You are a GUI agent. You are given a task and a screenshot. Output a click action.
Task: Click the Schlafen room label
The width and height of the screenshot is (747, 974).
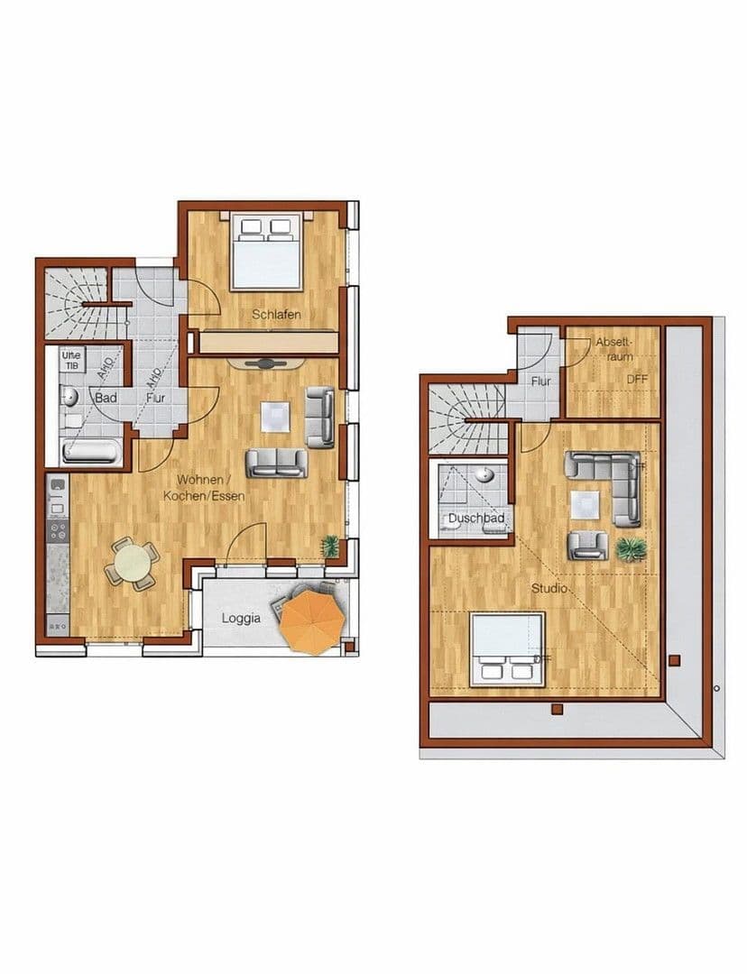[276, 315]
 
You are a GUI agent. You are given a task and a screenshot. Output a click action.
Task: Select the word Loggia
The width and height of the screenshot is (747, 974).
[241, 619]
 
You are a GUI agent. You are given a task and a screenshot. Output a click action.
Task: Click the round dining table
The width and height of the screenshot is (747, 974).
[133, 564]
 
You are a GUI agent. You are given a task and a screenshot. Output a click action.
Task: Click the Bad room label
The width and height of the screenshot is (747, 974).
[105, 397]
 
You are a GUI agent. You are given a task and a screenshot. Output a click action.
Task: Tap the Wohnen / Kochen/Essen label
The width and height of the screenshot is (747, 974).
[204, 487]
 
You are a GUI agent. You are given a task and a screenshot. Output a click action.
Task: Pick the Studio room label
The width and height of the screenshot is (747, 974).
[549, 589]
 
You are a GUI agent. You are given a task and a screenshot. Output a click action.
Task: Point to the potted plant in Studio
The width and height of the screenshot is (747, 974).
[632, 547]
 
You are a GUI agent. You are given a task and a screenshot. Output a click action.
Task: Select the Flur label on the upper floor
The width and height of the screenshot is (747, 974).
[540, 381]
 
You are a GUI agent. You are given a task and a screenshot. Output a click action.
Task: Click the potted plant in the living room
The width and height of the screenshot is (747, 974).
[331, 546]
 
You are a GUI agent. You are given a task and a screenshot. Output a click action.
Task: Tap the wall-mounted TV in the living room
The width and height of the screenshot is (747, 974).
[265, 363]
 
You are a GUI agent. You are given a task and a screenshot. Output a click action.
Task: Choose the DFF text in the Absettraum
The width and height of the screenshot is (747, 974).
[637, 380]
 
